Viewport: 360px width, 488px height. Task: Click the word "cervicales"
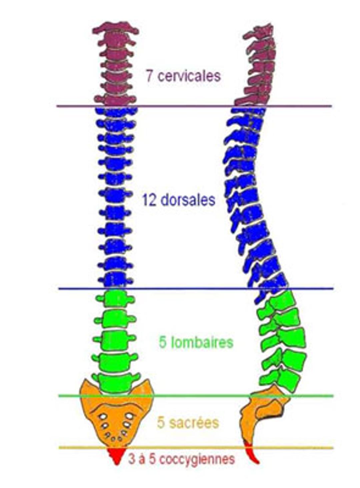pyautogui.click(x=189, y=76)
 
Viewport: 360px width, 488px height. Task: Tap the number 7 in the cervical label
pyautogui.click(x=150, y=76)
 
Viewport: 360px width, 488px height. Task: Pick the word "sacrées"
pyautogui.click(x=194, y=423)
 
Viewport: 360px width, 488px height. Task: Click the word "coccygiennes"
pyautogui.click(x=197, y=459)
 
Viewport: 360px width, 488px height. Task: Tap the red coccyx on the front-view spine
pyautogui.click(x=116, y=455)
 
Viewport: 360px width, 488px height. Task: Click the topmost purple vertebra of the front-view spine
pyautogui.click(x=115, y=28)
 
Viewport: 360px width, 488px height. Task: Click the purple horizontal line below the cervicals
pyautogui.click(x=193, y=106)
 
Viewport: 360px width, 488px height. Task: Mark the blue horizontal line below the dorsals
pyautogui.click(x=193, y=289)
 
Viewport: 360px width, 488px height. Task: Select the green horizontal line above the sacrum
pyautogui.click(x=193, y=396)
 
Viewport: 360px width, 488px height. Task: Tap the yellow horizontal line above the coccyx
pyautogui.click(x=193, y=448)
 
